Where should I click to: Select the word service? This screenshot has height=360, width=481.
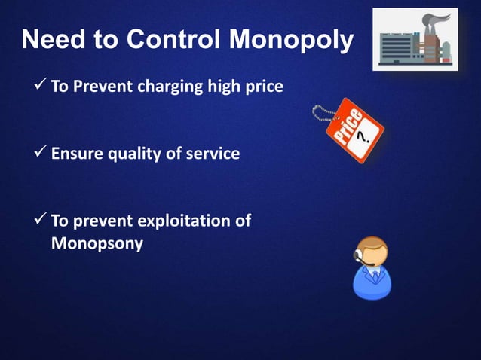pos(215,154)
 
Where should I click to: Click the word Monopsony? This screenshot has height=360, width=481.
pos(97,244)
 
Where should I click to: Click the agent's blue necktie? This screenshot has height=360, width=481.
pos(375,278)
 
